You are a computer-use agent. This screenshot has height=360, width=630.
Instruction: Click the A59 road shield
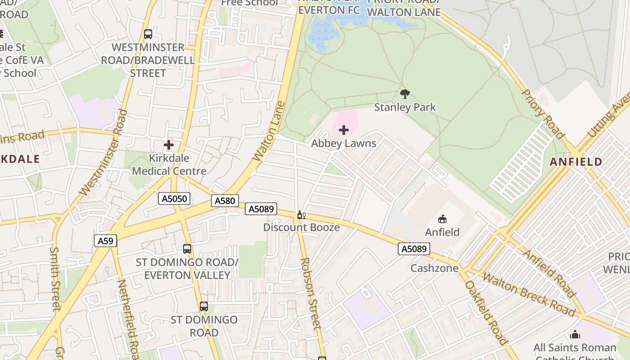tap(106, 241)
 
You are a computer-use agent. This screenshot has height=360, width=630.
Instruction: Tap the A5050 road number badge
tap(174, 198)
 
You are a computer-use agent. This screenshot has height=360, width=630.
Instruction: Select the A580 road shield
tap(225, 201)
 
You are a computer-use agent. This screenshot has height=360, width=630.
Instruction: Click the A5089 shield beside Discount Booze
tap(261, 209)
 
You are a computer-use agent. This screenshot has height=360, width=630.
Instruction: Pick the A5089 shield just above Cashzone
tap(414, 249)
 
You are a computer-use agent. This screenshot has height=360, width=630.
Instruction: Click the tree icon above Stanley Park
tap(405, 94)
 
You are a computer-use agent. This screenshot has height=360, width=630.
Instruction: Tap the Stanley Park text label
tap(405, 107)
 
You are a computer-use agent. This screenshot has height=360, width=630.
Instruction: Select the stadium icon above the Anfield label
tap(442, 219)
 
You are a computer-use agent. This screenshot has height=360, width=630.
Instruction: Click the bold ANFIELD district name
tap(576, 162)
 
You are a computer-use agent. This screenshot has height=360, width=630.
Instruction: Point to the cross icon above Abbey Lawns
tap(344, 130)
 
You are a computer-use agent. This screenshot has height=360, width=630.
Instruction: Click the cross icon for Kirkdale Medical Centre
tap(169, 145)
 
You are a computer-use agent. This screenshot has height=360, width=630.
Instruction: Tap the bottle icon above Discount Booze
tap(301, 215)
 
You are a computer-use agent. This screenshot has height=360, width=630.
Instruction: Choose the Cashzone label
tap(434, 268)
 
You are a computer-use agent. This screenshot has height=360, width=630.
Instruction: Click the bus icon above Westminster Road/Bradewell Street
tap(148, 34)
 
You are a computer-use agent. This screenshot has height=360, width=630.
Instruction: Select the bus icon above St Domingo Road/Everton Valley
tap(187, 248)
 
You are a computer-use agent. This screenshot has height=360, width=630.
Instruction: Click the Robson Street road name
tap(311, 292)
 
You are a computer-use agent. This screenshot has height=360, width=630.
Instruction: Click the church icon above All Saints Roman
tap(575, 335)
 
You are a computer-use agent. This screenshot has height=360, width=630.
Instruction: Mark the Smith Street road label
tap(55, 279)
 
